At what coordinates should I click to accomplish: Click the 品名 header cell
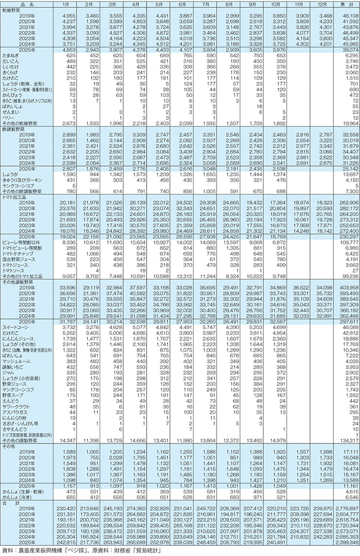21,4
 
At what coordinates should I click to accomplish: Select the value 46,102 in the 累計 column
345,16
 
